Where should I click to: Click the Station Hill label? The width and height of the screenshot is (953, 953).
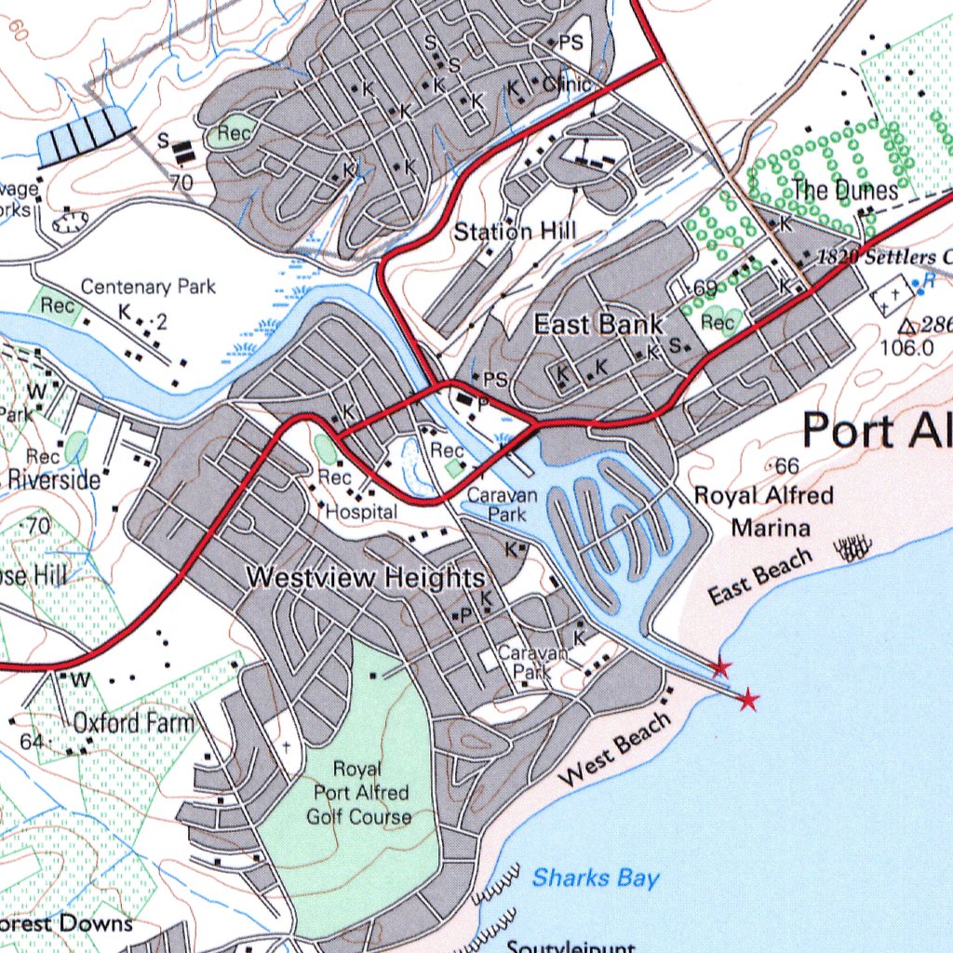click(515, 231)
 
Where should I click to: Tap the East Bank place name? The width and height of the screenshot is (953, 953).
click(597, 324)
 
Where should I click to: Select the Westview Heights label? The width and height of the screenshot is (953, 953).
click(365, 578)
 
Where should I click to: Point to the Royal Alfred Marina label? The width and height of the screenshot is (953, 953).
click(764, 512)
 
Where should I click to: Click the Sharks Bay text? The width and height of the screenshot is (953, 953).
click(596, 878)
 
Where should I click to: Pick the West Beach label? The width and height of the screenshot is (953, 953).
click(617, 749)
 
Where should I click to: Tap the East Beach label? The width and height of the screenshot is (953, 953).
click(760, 577)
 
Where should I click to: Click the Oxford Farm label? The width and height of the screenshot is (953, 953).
click(134, 722)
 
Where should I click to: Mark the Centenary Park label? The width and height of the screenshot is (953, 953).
click(148, 287)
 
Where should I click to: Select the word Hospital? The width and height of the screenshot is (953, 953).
click(361, 512)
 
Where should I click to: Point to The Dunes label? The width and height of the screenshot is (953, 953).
click(845, 192)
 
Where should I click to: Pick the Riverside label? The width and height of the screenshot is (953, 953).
click(54, 480)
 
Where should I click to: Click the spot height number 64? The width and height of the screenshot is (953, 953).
click(31, 742)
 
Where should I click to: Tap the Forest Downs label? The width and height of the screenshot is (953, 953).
click(65, 923)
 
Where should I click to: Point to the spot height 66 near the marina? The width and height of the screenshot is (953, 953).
click(786, 465)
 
